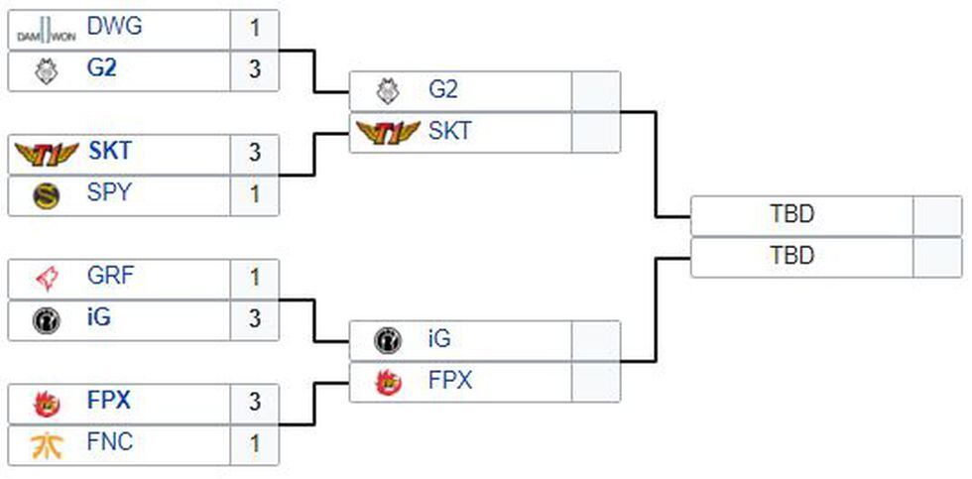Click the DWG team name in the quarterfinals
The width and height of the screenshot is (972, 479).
(x=114, y=27)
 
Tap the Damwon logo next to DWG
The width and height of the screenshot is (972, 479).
(x=47, y=31)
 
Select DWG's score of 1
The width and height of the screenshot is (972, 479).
(x=255, y=29)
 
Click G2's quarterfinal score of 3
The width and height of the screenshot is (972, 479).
(x=255, y=71)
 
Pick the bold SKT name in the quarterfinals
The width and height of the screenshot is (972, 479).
(x=109, y=152)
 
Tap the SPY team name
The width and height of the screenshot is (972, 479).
(x=109, y=193)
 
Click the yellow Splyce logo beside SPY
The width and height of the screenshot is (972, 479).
(x=47, y=195)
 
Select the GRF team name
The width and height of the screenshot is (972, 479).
(x=110, y=276)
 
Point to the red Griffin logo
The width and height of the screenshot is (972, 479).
(x=47, y=278)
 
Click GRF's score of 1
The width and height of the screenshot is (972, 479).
(x=255, y=278)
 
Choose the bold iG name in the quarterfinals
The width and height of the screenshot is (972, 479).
(x=100, y=318)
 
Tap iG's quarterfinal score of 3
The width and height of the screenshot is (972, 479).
(x=255, y=319)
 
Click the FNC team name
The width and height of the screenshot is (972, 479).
(x=110, y=442)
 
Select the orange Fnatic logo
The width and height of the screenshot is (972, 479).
(x=47, y=444)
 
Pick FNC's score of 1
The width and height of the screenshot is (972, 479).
(x=255, y=444)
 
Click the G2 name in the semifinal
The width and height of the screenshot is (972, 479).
(x=443, y=89)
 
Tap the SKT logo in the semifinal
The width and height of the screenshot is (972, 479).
(x=387, y=132)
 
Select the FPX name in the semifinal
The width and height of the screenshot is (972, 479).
(x=450, y=380)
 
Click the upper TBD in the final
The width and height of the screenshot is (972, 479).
(x=791, y=214)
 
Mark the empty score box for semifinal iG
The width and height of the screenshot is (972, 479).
(x=596, y=340)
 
